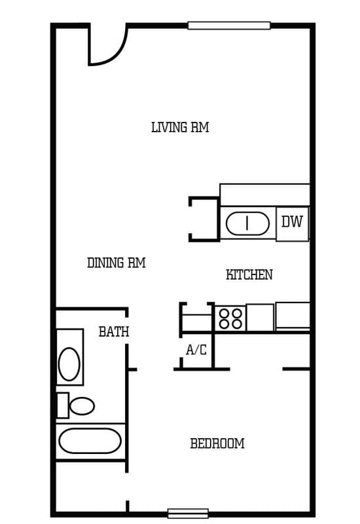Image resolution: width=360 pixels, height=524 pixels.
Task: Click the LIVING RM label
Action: pyautogui.click(x=180, y=128)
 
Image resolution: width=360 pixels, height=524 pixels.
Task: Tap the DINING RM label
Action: pyautogui.click(x=116, y=263)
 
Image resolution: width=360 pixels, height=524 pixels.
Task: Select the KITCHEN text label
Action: pyautogui.click(x=249, y=275)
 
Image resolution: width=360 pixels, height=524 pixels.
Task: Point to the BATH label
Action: pyautogui.click(x=114, y=332)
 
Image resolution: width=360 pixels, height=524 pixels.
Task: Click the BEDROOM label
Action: pyautogui.click(x=217, y=444)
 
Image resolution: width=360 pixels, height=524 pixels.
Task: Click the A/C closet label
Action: pyautogui.click(x=196, y=350)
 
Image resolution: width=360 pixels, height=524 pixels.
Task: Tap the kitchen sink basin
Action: pyautogui.click(x=247, y=223)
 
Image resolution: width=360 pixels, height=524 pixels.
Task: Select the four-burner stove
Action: pyautogui.click(x=230, y=318)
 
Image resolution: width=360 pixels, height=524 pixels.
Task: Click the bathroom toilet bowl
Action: pyautogui.click(x=82, y=405)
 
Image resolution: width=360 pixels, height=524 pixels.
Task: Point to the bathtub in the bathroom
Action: pyautogui.click(x=90, y=441)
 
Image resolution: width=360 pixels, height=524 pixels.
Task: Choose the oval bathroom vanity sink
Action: pyautogui.click(x=69, y=364)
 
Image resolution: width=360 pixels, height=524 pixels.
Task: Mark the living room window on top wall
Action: pyautogui.click(x=229, y=26)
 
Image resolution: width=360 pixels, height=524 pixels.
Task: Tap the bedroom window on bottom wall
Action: pyautogui.click(x=188, y=514)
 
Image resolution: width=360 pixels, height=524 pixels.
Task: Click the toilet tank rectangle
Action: pyautogui.click(x=62, y=405)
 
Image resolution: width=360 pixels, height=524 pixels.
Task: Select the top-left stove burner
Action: pyautogui.click(x=225, y=313)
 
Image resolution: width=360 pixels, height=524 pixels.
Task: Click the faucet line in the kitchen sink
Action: pyautogui.click(x=247, y=223)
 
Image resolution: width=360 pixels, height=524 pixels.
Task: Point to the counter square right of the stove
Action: pyautogui.click(x=260, y=318)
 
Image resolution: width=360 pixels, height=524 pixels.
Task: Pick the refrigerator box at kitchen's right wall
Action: pyautogui.click(x=293, y=315)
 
